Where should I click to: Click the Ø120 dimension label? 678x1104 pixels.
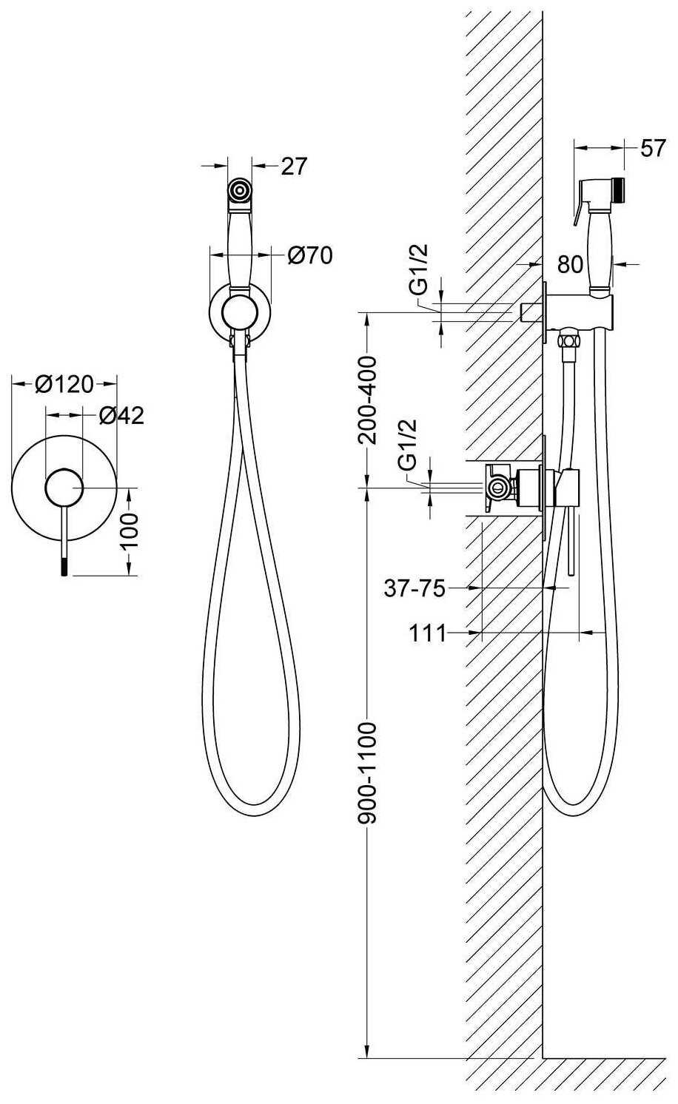coord(64,385)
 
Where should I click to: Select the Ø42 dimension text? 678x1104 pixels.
coord(121,416)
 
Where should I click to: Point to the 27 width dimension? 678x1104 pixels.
coord(294,166)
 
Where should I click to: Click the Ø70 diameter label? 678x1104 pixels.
coord(310,255)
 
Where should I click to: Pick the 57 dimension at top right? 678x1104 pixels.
coord(653,148)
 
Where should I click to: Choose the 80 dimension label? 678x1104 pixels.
coord(571,265)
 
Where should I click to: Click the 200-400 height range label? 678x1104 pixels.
coord(368,400)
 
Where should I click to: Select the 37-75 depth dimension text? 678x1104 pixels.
coord(414,588)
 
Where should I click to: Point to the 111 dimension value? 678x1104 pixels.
coord(428,633)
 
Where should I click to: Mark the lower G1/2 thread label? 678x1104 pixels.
coord(408,444)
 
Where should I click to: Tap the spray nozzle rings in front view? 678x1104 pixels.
coord(240,189)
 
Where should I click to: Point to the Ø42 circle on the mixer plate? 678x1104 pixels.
coord(64,487)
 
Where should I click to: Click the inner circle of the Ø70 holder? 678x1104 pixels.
coord(240,312)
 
